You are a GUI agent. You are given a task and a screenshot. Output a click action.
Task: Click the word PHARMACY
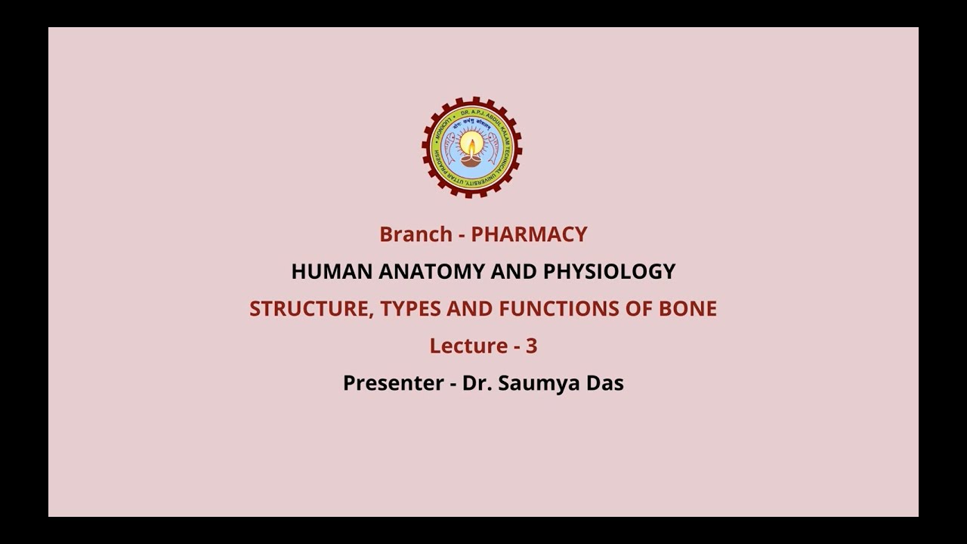[529, 234]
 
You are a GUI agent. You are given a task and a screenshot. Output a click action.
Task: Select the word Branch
[416, 234]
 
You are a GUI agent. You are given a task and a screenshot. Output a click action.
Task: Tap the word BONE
[690, 308]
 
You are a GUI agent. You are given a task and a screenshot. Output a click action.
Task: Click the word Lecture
[468, 345]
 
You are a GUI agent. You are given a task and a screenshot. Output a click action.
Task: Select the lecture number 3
[532, 345]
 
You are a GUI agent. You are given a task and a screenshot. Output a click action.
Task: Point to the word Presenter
[393, 383]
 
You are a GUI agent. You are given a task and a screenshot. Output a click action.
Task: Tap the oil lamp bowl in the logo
[472, 160]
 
